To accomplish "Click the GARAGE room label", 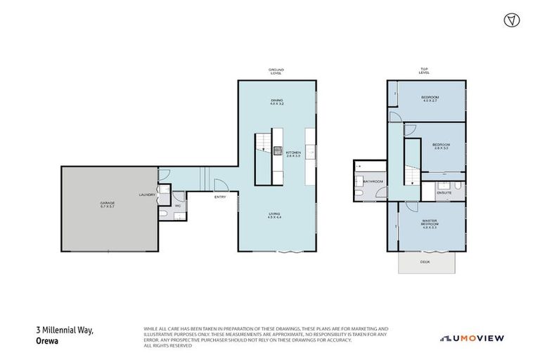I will [107, 205].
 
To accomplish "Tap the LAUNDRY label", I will [147, 195].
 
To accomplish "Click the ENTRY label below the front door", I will [220, 197].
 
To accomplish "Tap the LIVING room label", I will [274, 215].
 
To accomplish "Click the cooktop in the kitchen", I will [278, 150].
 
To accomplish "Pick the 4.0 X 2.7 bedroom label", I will [430, 98].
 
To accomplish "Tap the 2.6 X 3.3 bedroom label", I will [441, 146].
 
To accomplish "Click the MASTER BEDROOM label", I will [430, 224].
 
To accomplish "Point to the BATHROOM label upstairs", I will [373, 181].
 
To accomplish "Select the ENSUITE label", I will [444, 191].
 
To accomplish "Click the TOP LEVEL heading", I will [424, 70].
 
